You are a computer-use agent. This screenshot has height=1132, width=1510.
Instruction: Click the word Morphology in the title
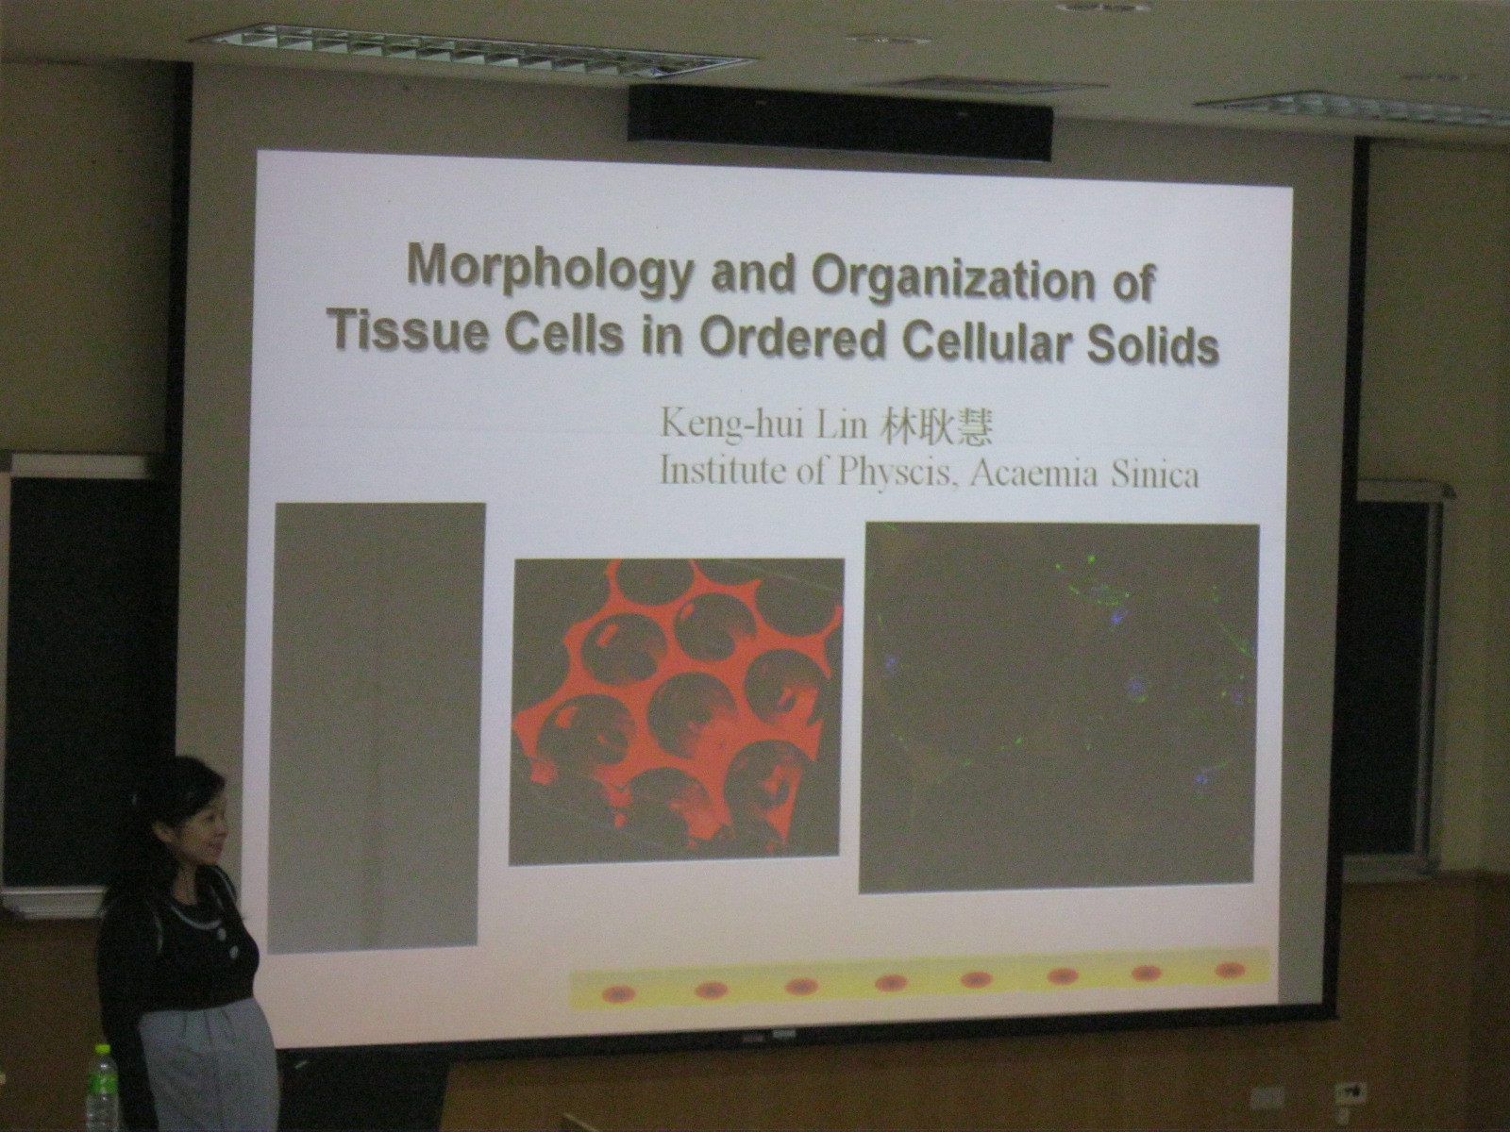(x=549, y=270)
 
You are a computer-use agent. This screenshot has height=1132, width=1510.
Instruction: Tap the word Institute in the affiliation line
(x=719, y=472)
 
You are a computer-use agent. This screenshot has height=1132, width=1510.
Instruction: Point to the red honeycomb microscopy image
(x=677, y=710)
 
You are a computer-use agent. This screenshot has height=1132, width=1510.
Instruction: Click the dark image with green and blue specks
(x=1059, y=707)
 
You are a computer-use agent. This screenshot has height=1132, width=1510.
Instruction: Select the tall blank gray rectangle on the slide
(x=376, y=727)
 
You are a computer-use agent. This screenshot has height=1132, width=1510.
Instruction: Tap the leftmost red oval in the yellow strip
(x=619, y=993)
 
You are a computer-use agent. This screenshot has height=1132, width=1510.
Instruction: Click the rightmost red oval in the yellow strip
(x=1231, y=970)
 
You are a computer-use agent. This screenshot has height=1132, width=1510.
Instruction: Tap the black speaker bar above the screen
(x=840, y=123)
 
